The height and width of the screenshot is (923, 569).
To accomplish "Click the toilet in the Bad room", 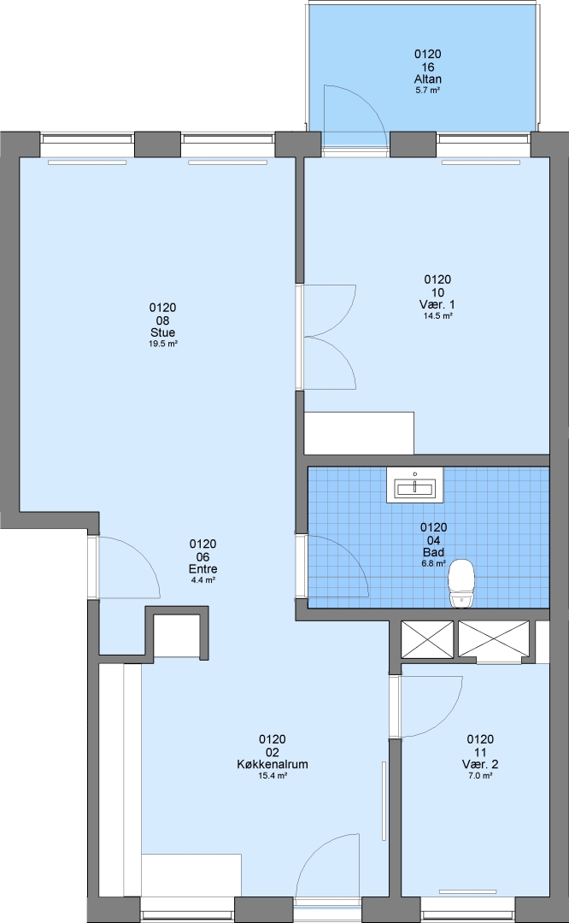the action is click(461, 584).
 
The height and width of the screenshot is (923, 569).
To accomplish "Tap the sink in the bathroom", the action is click(415, 485).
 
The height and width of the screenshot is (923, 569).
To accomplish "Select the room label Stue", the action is click(162, 332).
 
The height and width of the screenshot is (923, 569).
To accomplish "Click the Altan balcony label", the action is click(428, 79).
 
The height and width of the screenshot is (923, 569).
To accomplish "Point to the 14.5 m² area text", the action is click(437, 316).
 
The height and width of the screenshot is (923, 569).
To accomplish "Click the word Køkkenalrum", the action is click(273, 764).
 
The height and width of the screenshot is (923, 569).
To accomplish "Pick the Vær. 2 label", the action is click(480, 764).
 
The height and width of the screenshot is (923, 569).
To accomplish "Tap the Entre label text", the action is click(203, 568).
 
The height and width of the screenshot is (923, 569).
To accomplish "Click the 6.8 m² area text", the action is click(434, 563).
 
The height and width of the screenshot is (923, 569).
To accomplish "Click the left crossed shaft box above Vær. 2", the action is click(427, 638).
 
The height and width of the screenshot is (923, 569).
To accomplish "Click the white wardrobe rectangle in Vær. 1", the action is click(359, 432).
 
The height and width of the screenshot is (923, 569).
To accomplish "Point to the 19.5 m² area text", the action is click(163, 344).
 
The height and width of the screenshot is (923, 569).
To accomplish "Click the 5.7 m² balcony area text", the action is click(428, 91).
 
